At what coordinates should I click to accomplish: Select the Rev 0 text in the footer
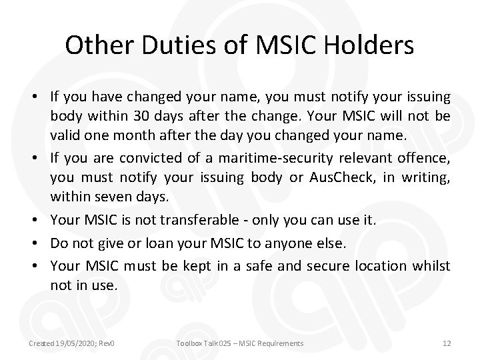(107, 343)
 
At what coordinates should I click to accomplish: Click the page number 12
(446, 343)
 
